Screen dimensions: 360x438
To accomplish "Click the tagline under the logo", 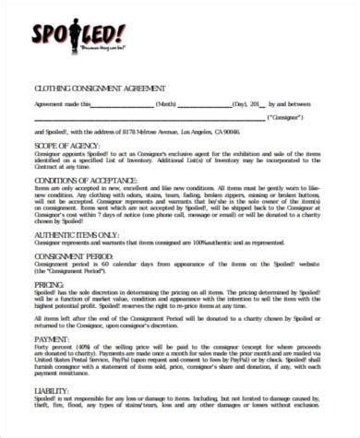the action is (x=104, y=45).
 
